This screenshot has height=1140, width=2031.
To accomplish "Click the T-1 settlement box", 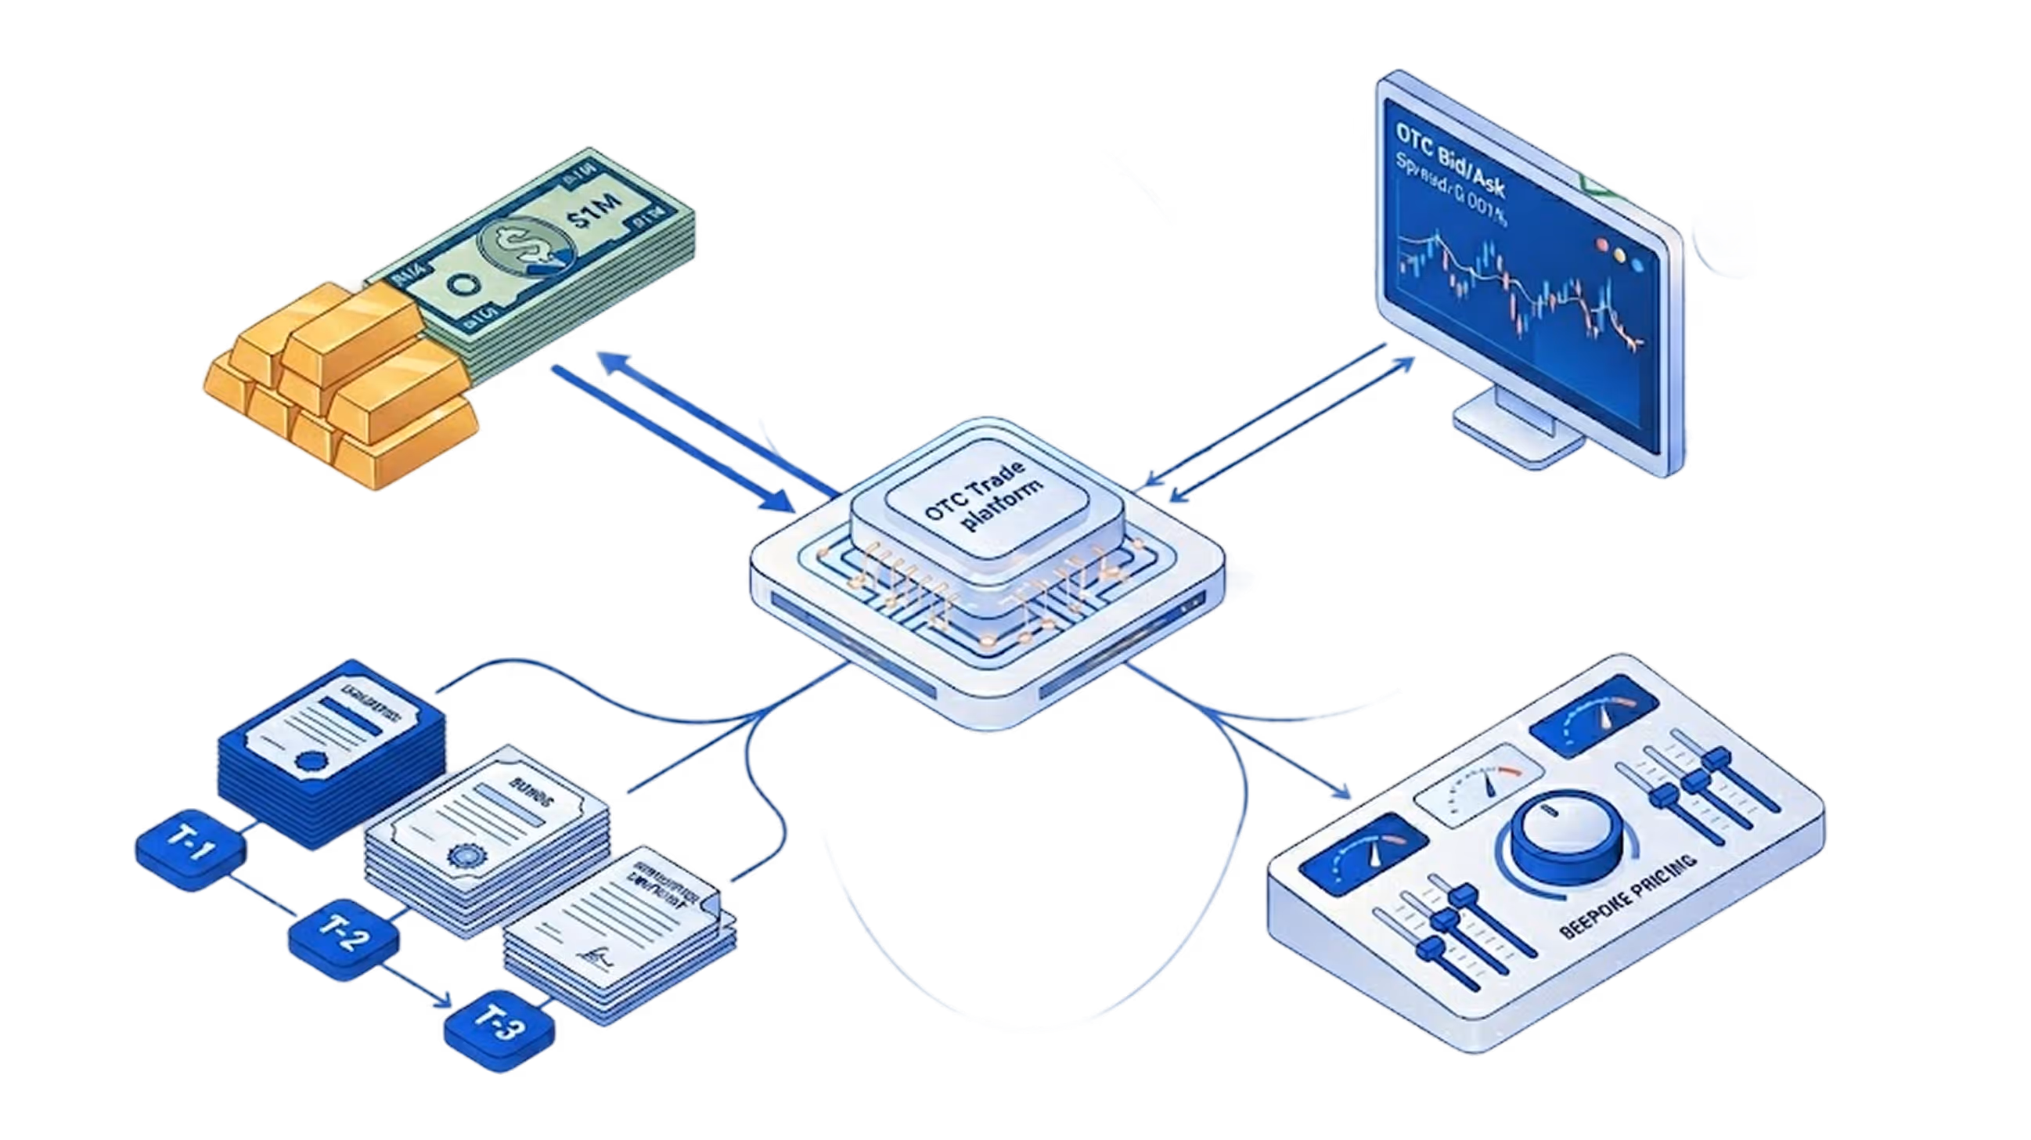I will (191, 850).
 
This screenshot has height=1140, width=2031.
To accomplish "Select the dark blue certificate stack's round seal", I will (311, 762).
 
